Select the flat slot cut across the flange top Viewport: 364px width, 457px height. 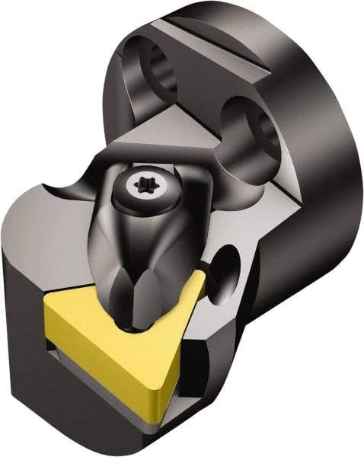point(206,46)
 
